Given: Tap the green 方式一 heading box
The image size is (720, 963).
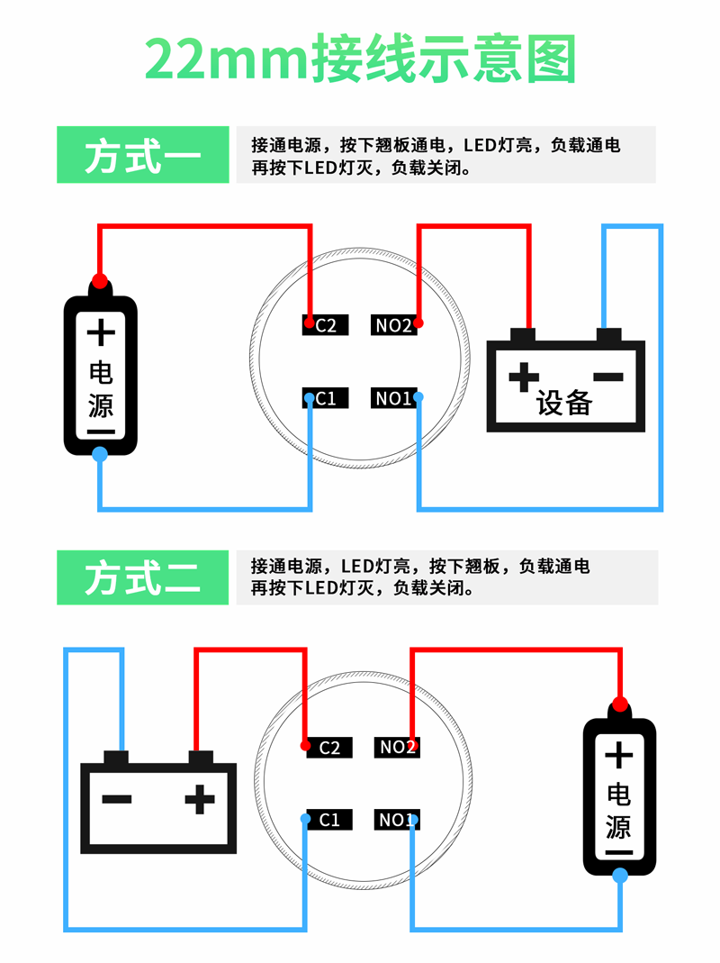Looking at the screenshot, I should point(142,155).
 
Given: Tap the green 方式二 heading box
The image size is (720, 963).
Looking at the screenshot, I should point(142,577).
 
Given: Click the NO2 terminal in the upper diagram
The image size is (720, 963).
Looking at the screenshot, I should point(393,324).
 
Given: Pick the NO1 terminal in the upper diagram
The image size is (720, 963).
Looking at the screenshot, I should point(393,397).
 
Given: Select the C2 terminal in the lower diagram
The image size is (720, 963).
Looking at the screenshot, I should point(328,747).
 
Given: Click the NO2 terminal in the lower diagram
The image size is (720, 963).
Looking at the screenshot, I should point(397,747).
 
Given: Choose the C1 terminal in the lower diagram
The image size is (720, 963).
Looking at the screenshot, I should point(328,820).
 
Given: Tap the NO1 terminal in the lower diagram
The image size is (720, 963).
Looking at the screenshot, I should point(397,820).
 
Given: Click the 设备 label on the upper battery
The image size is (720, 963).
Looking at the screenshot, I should point(565,403).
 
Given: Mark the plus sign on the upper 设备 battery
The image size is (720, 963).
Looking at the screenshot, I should point(523,377).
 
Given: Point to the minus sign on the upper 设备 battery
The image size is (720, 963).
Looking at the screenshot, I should point(608,377).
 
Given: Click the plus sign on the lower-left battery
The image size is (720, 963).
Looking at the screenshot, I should point(200,798).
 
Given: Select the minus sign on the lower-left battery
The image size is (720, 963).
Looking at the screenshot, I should point(117,798).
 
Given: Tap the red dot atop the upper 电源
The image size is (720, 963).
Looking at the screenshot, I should point(100,280).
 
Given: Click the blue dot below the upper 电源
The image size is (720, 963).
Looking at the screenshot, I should point(100,454).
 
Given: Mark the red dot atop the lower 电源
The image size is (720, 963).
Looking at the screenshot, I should point(619,704).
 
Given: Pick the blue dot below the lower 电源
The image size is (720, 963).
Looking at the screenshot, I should point(619,876).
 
